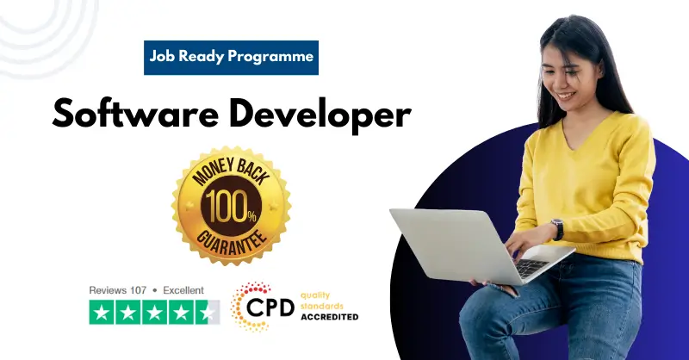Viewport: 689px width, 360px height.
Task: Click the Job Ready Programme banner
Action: pos(231,58)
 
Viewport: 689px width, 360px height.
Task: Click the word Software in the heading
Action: pos(130,114)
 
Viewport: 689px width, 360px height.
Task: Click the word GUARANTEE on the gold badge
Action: pos(231,242)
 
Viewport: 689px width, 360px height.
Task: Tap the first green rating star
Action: pos(102,313)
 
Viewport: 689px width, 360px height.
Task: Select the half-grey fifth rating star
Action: pos(208,313)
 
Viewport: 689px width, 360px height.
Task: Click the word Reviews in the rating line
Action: pos(107,290)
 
